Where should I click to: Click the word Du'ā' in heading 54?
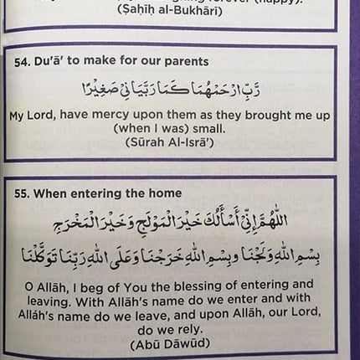(62, 61)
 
